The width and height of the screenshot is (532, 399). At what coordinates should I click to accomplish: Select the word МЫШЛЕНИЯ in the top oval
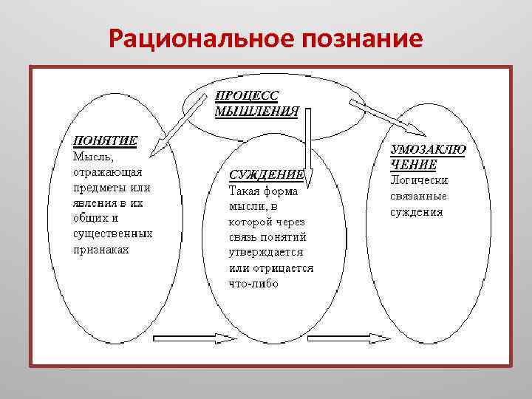pos(256,112)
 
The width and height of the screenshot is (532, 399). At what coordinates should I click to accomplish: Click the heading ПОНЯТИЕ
pos(103,140)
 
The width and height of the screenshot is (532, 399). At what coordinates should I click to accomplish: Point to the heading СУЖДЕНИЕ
pos(265,175)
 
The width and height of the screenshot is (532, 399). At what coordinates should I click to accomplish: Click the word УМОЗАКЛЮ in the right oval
pos(428,149)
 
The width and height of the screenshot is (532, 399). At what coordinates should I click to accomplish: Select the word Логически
pos(419,180)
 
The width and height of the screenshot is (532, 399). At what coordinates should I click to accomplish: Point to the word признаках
pos(100,249)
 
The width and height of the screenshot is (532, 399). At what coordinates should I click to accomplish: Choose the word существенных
pos(112,233)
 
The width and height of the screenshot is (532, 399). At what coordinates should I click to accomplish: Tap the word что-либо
pos(253,283)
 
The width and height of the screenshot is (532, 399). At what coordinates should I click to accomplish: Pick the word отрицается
pos(282,267)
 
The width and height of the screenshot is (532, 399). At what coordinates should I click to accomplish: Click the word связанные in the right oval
pos(418,196)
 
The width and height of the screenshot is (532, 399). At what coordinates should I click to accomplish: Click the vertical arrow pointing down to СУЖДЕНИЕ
pos(308,148)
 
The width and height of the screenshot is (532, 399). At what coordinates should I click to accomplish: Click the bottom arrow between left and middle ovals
pos(194,339)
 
